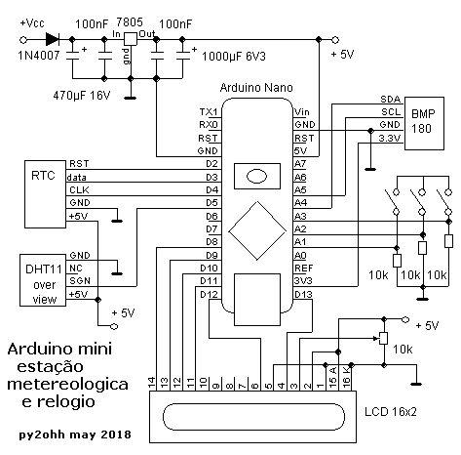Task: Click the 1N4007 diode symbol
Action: (x=53, y=39)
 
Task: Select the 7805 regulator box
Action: (x=131, y=39)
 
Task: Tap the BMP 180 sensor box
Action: (x=424, y=123)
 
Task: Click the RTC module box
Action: (x=46, y=194)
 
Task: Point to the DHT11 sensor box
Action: (x=43, y=280)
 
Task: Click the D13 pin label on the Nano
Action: (x=303, y=294)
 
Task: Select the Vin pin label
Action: (x=302, y=112)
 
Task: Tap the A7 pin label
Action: (x=300, y=164)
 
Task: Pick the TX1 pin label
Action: (x=209, y=112)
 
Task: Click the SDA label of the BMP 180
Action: (x=390, y=100)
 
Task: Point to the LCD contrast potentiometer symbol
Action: (x=384, y=339)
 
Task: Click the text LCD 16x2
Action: (x=390, y=412)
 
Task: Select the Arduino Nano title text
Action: (x=256, y=88)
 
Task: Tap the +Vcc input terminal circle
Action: (x=23, y=40)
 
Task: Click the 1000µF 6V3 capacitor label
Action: (x=234, y=57)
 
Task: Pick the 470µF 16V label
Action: (x=82, y=96)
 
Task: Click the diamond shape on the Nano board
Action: (x=257, y=230)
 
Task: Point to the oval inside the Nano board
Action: (x=256, y=177)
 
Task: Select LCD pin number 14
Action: (x=152, y=382)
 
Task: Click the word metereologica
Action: (x=67, y=385)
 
